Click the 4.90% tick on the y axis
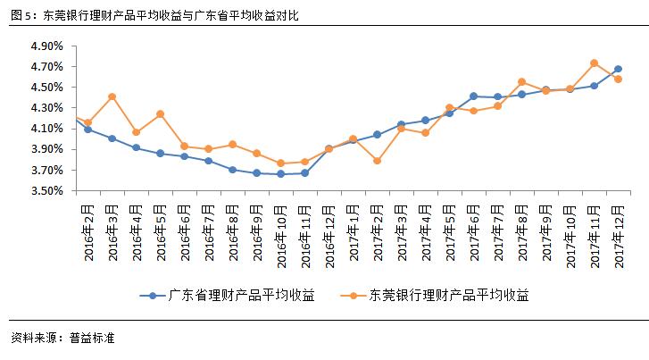pos(46,46)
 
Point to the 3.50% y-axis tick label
pos(46,191)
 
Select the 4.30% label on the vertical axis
pos(46,108)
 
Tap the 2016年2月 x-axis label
pos(88,228)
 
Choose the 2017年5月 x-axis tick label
pos(449,228)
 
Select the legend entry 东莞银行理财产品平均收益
pos(443,294)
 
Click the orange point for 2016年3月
pos(112,96)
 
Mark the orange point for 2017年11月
pos(594,63)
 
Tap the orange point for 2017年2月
pos(377,161)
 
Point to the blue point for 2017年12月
pos(618,69)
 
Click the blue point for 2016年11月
pos(304,172)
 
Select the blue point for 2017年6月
pos(473,96)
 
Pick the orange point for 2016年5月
pos(160,114)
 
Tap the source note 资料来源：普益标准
pos(62,339)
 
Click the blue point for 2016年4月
pos(136,147)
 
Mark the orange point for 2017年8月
pos(521,82)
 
